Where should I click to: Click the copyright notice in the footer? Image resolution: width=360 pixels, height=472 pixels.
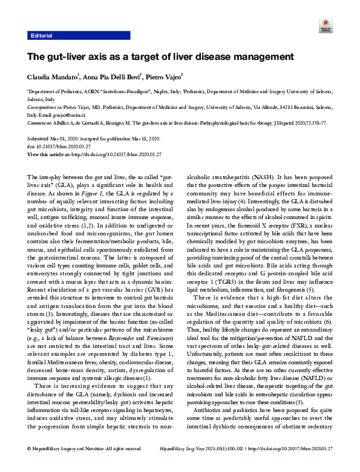click(x=85, y=465)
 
